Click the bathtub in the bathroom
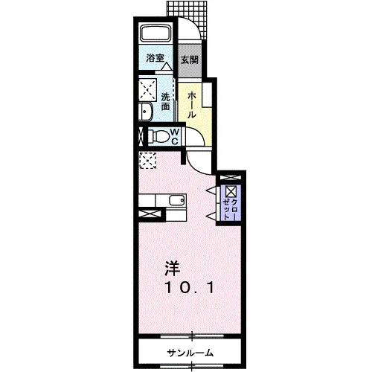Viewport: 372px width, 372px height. [x=156, y=33]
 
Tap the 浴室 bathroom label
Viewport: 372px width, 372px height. [x=155, y=58]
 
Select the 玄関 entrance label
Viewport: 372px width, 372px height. [x=190, y=60]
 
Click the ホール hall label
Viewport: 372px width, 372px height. [x=191, y=105]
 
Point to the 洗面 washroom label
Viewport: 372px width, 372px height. [x=165, y=101]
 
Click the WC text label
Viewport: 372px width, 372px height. [x=175, y=136]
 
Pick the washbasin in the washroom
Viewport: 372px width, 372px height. [x=146, y=112]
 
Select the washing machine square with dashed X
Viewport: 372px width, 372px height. [x=147, y=90]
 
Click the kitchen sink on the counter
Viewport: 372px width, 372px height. [x=177, y=200]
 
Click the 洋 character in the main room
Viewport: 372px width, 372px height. [x=173, y=269]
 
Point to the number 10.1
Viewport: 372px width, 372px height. [x=189, y=288]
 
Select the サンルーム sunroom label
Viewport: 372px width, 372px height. [x=190, y=353]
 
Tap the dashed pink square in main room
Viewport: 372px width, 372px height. [x=147, y=161]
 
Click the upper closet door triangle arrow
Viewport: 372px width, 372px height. [x=211, y=190]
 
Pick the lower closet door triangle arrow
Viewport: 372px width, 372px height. [x=211, y=216]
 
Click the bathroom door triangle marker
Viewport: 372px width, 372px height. [x=167, y=66]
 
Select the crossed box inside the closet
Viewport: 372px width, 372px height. [x=231, y=191]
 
